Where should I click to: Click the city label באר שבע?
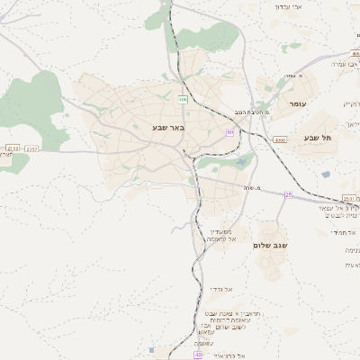tap(168, 129)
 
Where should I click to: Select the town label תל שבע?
tap(319, 138)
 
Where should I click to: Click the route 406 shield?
tap(183, 99)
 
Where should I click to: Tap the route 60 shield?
tap(229, 131)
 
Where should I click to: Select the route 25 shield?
tap(288, 194)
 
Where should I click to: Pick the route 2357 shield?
tap(32, 148)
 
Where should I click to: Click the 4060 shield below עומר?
tap(281, 139)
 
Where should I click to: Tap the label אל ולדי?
tap(221, 289)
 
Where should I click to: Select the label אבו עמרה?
tap(346, 64)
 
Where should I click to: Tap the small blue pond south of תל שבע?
tap(326, 174)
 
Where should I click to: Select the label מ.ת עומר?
tap(295, 76)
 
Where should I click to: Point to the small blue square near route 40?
tap(155, 349)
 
